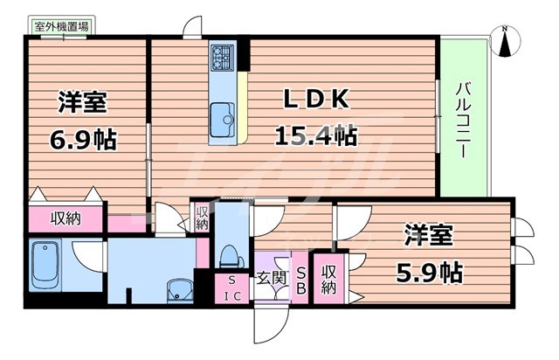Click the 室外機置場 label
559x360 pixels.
(x=60, y=27)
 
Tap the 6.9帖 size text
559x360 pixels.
(x=83, y=139)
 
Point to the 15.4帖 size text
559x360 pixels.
(x=315, y=136)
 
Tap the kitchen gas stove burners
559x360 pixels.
(x=221, y=58)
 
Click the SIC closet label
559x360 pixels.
(x=231, y=287)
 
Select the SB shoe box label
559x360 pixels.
(x=299, y=281)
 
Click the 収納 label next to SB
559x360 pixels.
(x=328, y=280)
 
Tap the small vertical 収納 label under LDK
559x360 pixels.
(x=202, y=218)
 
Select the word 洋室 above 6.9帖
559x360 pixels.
(x=83, y=101)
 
